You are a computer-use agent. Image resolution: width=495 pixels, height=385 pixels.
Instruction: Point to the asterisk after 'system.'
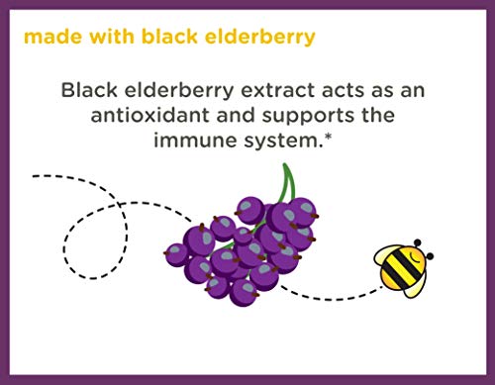pyautogui.click(x=324, y=138)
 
